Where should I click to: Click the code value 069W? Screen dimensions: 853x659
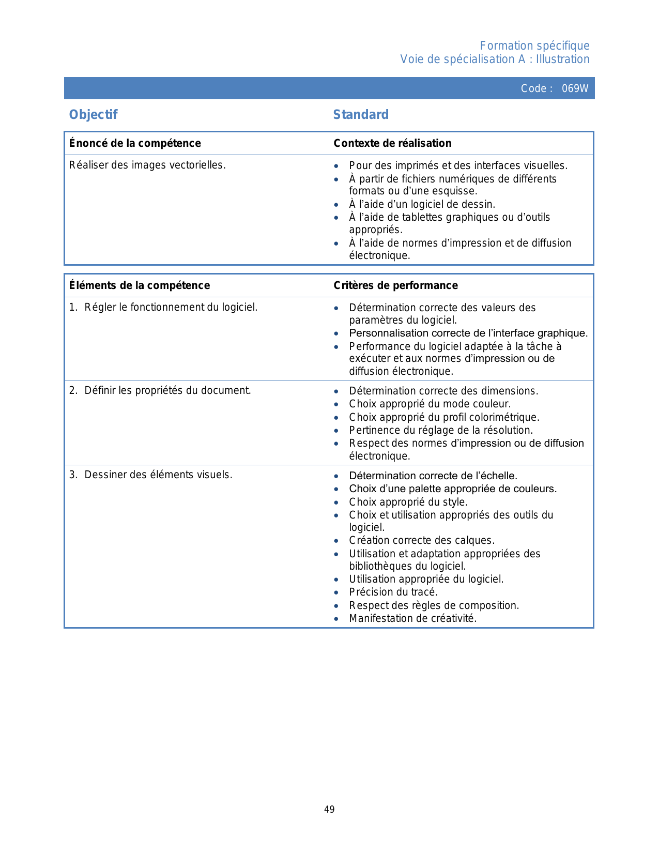(575, 88)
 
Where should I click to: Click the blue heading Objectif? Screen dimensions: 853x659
(94, 115)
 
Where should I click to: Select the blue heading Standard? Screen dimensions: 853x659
(361, 115)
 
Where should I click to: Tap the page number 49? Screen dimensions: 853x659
(329, 810)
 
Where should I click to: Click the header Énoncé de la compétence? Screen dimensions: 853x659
(135, 143)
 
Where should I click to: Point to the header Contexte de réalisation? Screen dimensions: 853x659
(392, 143)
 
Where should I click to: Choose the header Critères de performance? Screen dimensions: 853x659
(395, 285)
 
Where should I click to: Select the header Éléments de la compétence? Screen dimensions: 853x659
(140, 285)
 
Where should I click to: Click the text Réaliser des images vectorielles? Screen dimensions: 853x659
(147, 165)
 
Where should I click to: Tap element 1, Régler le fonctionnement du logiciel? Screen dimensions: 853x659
(171, 308)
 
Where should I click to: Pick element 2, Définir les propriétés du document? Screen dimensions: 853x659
(167, 391)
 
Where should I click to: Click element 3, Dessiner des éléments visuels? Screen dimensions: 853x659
(158, 475)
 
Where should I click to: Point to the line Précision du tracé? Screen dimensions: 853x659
(393, 592)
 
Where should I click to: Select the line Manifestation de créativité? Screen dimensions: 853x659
(413, 619)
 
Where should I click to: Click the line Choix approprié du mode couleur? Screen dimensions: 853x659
(430, 404)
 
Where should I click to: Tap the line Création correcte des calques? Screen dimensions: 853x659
(422, 541)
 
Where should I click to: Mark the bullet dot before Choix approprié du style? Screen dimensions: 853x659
(336, 502)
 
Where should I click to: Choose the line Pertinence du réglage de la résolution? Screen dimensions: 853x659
(441, 431)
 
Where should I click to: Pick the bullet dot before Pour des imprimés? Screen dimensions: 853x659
(336, 166)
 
